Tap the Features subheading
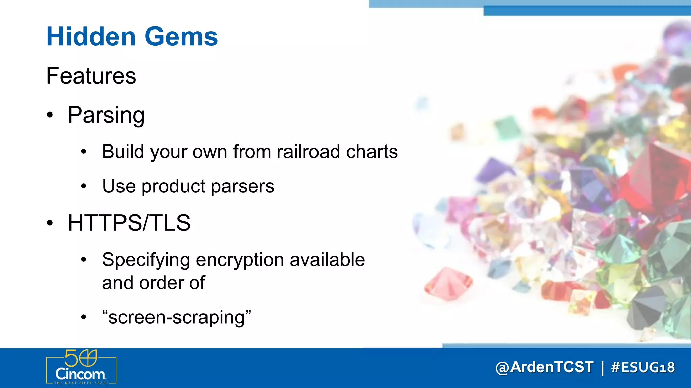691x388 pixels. [x=91, y=76]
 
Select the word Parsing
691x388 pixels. [x=106, y=115]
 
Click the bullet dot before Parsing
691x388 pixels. [x=50, y=115]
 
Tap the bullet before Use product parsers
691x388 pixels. [x=84, y=186]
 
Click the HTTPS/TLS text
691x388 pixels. [x=129, y=223]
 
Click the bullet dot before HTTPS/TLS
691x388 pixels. [x=50, y=223]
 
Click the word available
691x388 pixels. [x=327, y=260]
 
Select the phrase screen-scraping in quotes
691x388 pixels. [x=176, y=317]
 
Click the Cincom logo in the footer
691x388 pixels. [x=81, y=367]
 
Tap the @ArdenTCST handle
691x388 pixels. [x=544, y=367]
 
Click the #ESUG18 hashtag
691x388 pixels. [x=643, y=367]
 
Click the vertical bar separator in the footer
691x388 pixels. [x=602, y=367]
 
